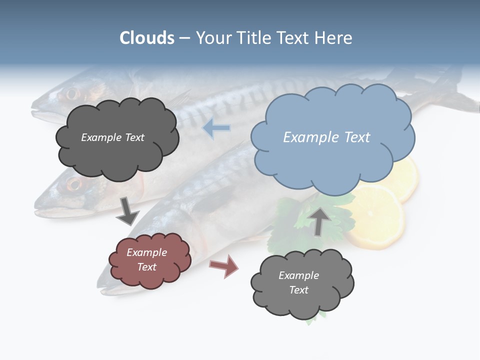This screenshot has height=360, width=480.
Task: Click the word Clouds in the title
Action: (x=147, y=38)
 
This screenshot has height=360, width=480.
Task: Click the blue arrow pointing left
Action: (x=216, y=128)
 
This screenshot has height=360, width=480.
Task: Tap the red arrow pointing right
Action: (x=224, y=265)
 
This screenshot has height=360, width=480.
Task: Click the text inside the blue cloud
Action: (x=326, y=137)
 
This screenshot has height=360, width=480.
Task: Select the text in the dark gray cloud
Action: (x=112, y=137)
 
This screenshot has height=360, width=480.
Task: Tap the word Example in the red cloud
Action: (x=146, y=252)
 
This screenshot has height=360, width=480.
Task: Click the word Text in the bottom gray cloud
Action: (x=298, y=290)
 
